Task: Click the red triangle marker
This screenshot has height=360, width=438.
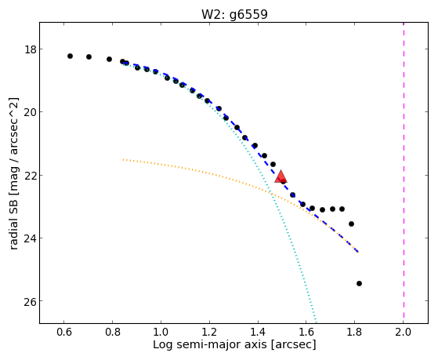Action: (x=281, y=176)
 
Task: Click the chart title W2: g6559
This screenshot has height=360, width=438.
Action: (x=234, y=14)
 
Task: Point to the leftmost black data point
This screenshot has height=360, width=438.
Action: (x=70, y=56)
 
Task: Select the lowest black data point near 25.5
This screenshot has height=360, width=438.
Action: (x=359, y=284)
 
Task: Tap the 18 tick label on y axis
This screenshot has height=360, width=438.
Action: (x=30, y=49)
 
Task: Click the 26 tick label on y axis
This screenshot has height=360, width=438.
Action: (x=30, y=301)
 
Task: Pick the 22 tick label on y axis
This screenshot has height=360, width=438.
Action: (x=30, y=176)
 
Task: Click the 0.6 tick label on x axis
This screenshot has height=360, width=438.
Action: (x=64, y=332)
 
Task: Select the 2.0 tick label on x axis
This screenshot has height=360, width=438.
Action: (x=403, y=332)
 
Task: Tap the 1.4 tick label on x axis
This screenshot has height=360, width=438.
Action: (x=258, y=332)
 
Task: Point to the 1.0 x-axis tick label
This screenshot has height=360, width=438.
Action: (x=161, y=332)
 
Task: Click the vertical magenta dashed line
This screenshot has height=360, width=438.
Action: (x=404, y=173)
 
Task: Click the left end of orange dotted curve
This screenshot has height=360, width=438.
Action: (x=124, y=160)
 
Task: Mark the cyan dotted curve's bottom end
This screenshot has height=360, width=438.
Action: (x=317, y=322)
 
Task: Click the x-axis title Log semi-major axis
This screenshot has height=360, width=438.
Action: (x=210, y=344)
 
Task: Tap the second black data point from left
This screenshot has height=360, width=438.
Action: (x=89, y=56)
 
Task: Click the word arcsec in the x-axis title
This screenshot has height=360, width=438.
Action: (x=293, y=345)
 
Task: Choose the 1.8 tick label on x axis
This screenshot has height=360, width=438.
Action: (x=354, y=332)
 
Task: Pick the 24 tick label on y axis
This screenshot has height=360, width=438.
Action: (x=30, y=238)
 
